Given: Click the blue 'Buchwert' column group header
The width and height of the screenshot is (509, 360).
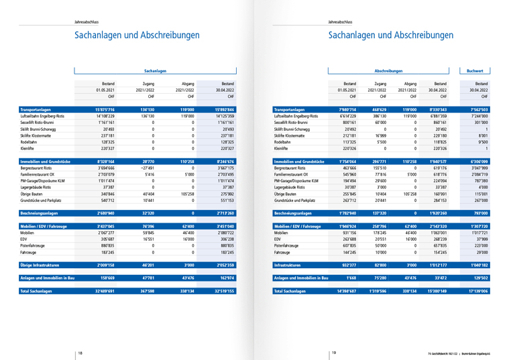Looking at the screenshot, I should click(479, 70).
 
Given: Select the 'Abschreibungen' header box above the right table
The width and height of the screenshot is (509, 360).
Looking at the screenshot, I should click(388, 70).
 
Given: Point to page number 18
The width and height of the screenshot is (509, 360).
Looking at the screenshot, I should click(80, 353).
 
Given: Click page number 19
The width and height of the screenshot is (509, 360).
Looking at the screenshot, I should click(333, 353).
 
